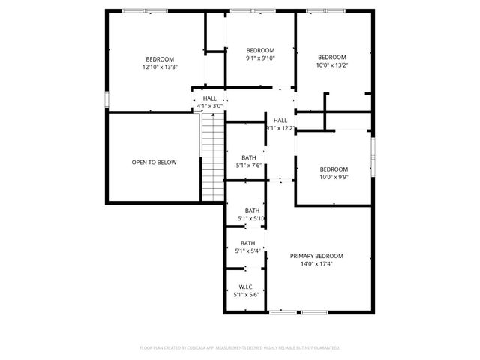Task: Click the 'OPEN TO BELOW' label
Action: [154, 162]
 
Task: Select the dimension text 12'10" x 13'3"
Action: [160, 67]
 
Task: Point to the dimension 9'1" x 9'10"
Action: [261, 58]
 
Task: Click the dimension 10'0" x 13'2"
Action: [331, 65]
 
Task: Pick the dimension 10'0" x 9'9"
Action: [334, 177]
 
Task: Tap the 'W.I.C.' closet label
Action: [247, 287]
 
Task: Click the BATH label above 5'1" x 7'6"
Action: [249, 157]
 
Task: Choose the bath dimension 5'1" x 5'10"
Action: [252, 218]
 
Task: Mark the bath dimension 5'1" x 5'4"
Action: [248, 250]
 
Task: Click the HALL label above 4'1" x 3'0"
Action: [209, 98]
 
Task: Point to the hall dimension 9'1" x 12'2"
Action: [280, 128]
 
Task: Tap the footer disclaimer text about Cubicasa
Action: [240, 347]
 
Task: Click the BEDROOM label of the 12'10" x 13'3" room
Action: [160, 59]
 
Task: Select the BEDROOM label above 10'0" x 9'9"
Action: [334, 169]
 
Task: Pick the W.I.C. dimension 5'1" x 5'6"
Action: [247, 295]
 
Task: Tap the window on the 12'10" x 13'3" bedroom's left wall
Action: [108, 100]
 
